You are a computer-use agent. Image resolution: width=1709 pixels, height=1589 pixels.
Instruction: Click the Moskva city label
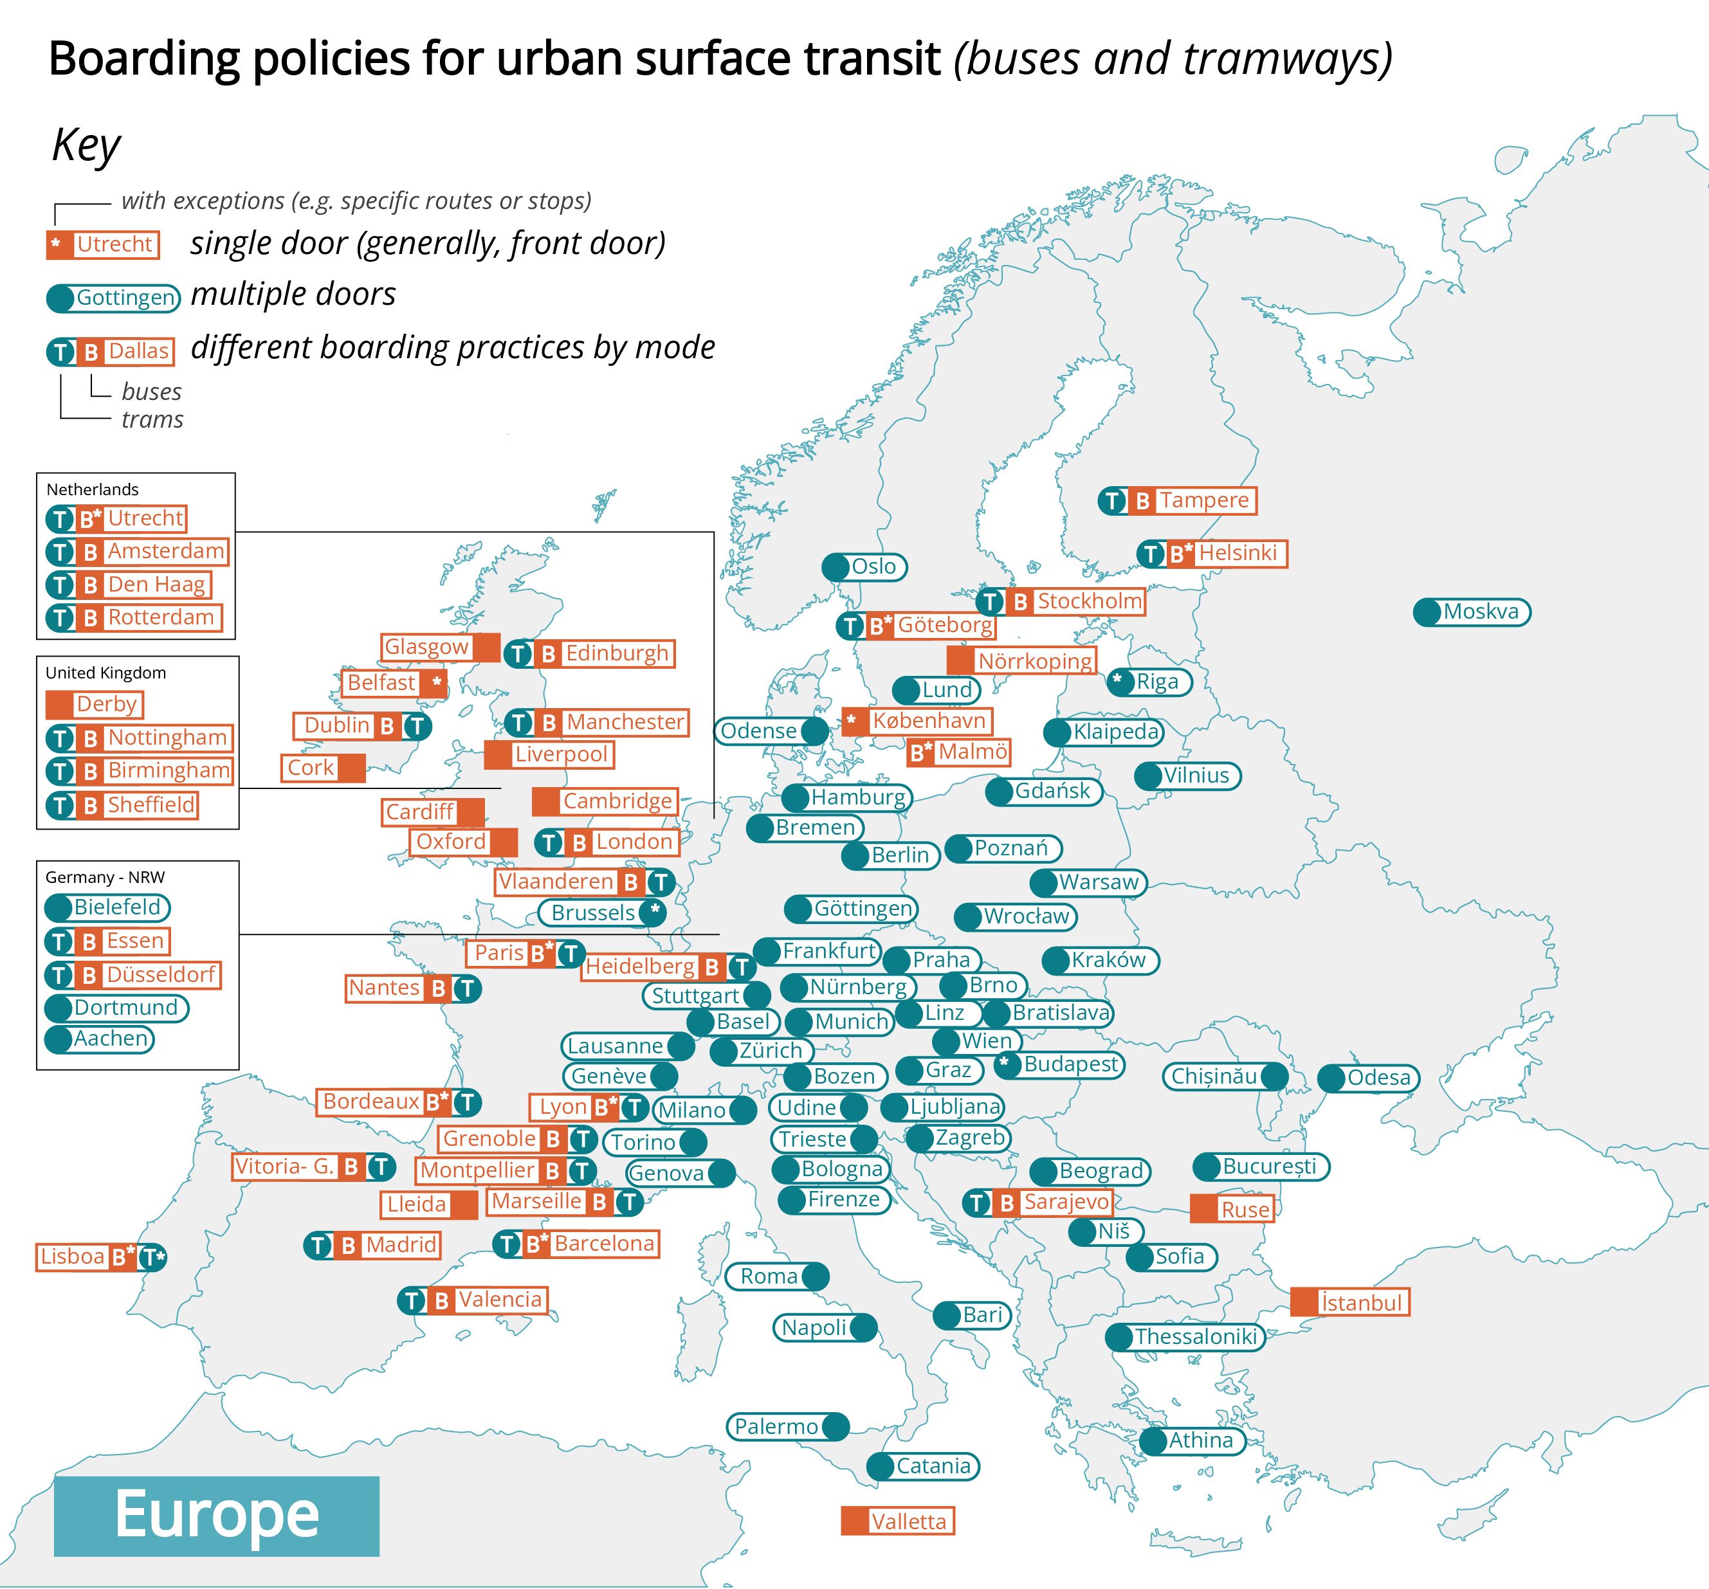1472,612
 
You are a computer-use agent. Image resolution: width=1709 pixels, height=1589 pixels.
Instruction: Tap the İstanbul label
1349,1302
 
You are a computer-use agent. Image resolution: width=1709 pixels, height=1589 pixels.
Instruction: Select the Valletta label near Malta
897,1521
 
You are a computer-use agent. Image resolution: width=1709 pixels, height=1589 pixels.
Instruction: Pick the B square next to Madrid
348,1245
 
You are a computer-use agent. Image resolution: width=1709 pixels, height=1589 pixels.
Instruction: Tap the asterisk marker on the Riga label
1117,680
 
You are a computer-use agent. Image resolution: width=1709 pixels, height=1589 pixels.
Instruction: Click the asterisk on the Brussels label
654,912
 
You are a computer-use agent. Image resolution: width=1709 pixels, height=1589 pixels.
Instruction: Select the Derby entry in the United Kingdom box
95,705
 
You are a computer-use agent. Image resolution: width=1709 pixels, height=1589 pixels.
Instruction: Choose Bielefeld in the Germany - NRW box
107,907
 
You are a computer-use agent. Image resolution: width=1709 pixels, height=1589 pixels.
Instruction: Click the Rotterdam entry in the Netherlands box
134,617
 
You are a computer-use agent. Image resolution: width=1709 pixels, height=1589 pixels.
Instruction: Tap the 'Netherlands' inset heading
92,489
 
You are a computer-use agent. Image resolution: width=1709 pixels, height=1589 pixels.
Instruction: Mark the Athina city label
1193,1440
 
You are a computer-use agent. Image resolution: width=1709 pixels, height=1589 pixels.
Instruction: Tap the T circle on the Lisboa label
152,1257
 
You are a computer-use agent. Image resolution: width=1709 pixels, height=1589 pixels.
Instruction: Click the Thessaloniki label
1185,1336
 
